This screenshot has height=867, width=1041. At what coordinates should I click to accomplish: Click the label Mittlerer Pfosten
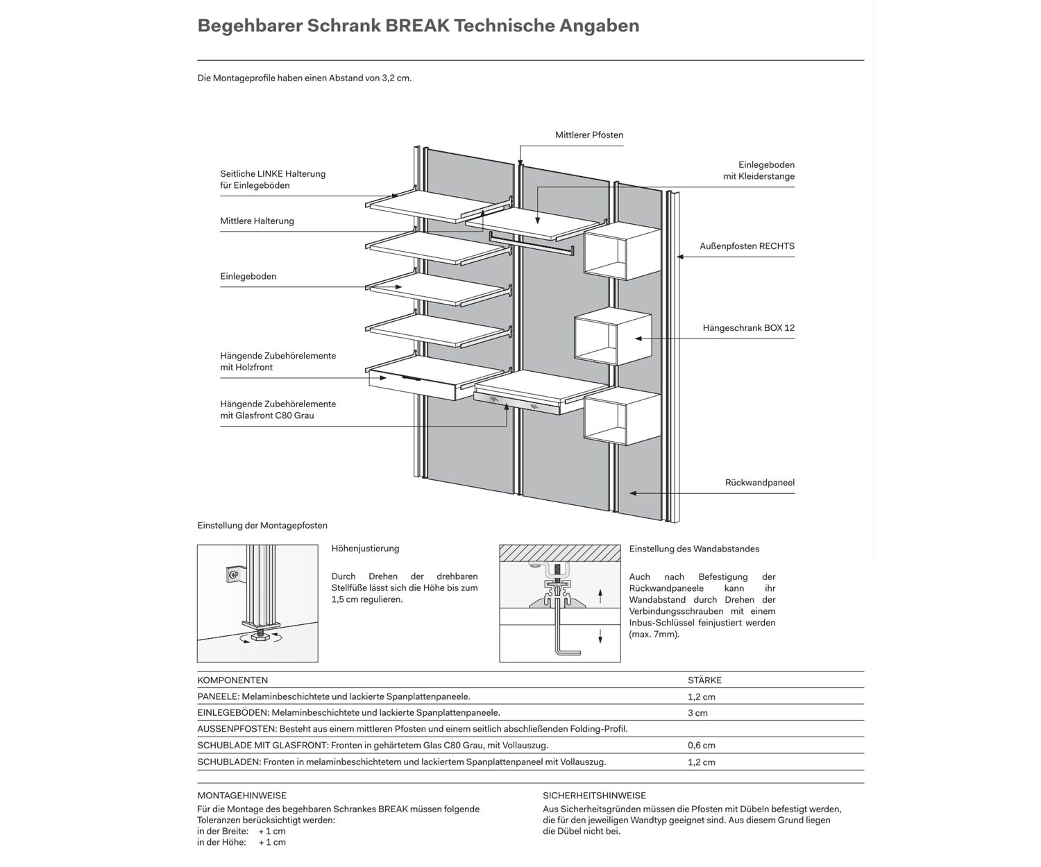589,135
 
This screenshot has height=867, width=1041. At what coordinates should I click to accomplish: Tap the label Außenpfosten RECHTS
747,246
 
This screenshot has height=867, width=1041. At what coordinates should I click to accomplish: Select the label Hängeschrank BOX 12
748,327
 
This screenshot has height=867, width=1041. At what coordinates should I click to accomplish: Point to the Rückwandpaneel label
759,483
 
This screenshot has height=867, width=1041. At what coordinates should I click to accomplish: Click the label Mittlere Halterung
257,221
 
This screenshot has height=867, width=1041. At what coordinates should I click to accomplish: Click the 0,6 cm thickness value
701,746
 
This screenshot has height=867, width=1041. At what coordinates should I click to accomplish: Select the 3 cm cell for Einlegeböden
697,713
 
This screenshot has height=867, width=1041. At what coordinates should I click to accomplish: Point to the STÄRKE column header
704,680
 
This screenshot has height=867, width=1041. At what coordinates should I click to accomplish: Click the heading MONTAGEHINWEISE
242,796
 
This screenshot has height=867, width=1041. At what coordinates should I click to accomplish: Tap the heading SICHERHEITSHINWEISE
594,796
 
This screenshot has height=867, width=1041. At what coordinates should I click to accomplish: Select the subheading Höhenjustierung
365,549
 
